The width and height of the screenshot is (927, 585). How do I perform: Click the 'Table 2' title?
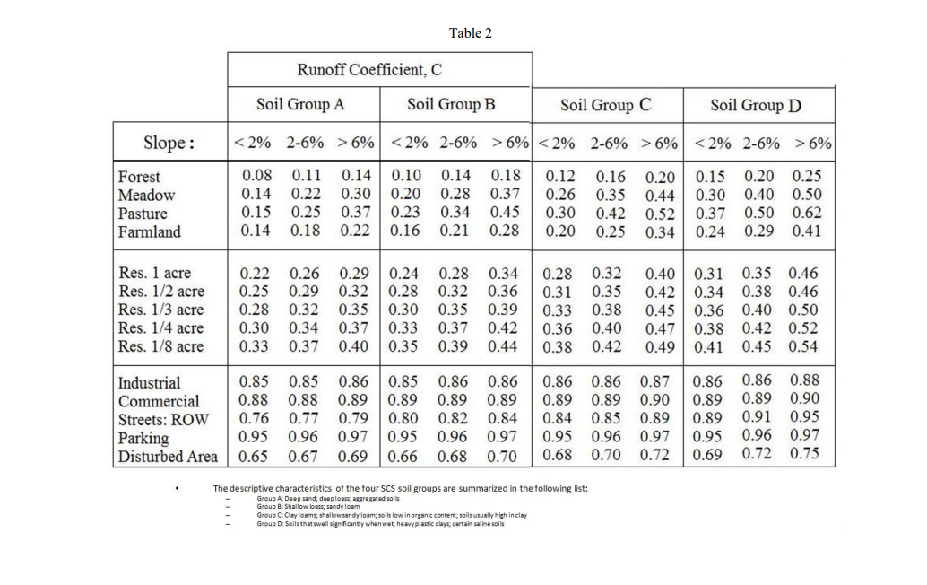(471, 33)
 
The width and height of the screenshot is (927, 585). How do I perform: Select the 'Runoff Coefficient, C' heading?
(369, 70)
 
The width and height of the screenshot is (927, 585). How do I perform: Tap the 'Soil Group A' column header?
(300, 104)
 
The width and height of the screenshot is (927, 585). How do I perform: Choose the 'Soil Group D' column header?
(756, 106)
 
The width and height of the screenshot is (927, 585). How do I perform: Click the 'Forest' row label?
(139, 177)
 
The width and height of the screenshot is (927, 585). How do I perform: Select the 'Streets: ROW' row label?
(157, 419)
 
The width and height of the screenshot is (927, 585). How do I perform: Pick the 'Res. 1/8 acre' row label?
(160, 346)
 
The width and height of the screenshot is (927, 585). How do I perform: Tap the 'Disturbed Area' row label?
(168, 457)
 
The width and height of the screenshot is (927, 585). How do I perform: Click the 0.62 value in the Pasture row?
(806, 214)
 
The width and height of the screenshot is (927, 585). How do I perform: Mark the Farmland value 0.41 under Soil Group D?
(806, 232)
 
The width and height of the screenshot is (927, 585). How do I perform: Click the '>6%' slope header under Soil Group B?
(509, 143)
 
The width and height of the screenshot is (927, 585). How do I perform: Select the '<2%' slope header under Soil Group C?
(556, 144)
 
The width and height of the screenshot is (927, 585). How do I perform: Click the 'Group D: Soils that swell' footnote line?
(380, 524)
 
